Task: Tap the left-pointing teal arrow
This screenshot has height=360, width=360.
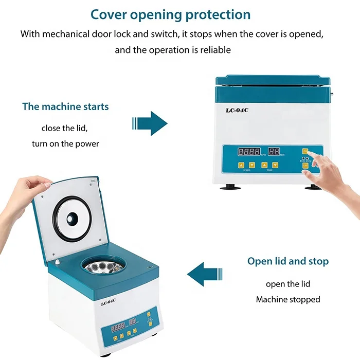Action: coord(206,273)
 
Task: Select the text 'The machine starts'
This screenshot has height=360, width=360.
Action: coord(65,107)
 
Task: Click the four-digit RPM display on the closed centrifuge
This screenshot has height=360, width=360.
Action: coord(249,152)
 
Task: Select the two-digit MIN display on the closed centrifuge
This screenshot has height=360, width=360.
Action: coord(274,152)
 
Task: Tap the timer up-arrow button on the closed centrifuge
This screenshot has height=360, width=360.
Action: coord(264,166)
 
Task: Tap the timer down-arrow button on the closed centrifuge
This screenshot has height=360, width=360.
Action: coord(275,166)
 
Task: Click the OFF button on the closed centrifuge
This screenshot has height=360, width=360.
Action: coord(305,166)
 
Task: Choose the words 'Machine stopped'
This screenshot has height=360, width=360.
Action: coord(288,299)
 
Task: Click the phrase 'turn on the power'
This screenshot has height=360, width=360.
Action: coord(65,143)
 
